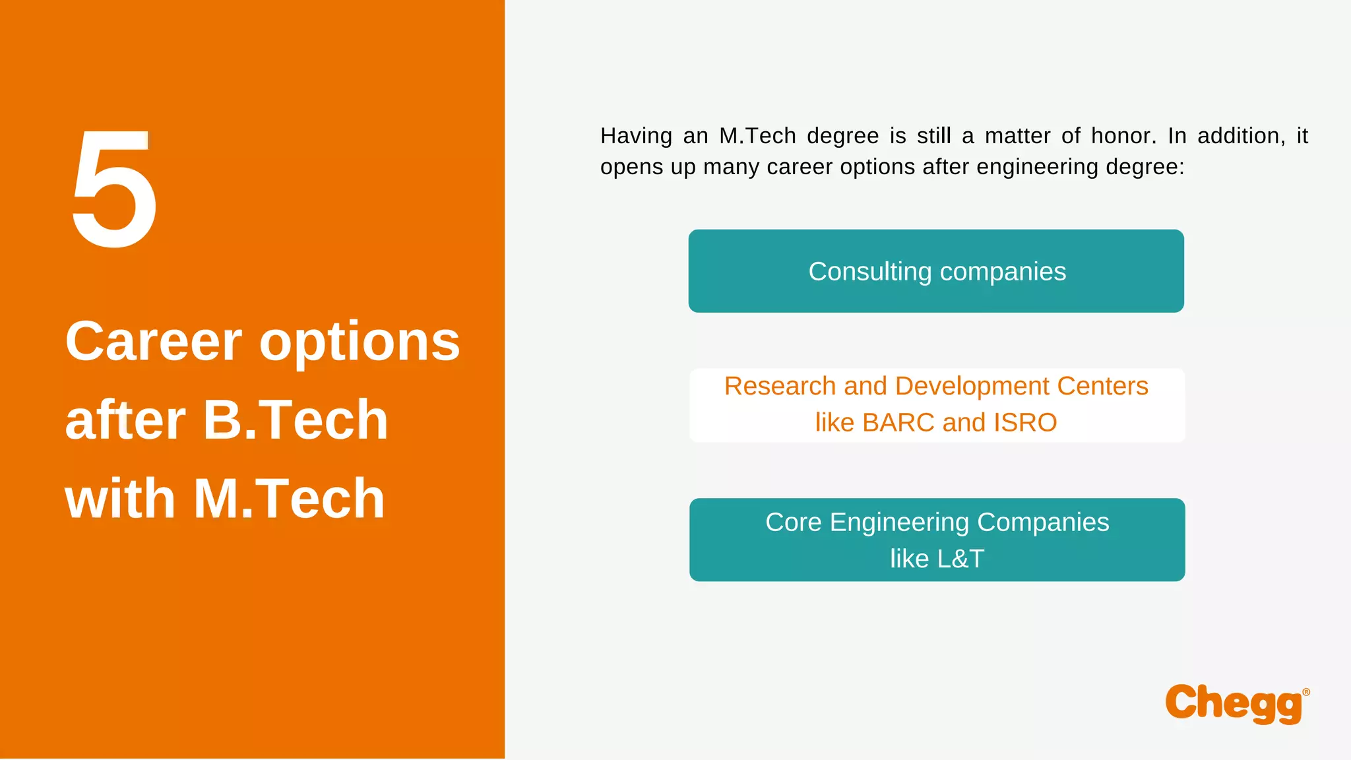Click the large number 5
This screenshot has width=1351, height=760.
tap(114, 189)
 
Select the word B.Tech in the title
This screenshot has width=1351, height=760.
tap(296, 420)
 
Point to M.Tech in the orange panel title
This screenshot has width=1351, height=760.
tap(289, 499)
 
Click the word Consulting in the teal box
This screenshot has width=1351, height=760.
tap(869, 272)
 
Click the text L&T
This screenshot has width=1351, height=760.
tap(960, 559)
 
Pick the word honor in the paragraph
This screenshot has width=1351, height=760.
tap(1123, 136)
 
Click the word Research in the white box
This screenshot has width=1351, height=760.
tap(780, 386)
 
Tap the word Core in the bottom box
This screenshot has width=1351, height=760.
tap(793, 522)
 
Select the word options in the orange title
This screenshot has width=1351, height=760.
tap(360, 343)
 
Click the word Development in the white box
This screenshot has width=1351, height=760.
tap(972, 386)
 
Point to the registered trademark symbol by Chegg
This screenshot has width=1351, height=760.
tap(1306, 692)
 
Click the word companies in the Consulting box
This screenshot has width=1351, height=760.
tap(1003, 272)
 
